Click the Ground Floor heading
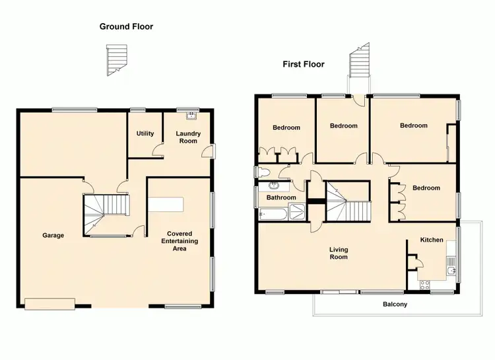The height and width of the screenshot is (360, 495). [x=126, y=26]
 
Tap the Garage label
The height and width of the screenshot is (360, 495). [x=53, y=235]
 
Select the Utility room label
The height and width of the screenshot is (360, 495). [x=145, y=133]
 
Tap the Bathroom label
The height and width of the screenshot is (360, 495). [x=281, y=198]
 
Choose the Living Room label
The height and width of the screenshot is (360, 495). [x=339, y=253]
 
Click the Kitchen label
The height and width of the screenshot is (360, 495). [x=432, y=240]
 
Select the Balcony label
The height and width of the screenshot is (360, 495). [x=395, y=305]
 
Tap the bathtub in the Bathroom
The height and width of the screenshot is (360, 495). [x=273, y=213]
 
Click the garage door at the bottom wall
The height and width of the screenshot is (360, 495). [x=49, y=303]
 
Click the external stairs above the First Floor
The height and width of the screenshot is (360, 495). [x=360, y=63]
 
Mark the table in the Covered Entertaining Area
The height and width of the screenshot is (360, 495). [x=166, y=203]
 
